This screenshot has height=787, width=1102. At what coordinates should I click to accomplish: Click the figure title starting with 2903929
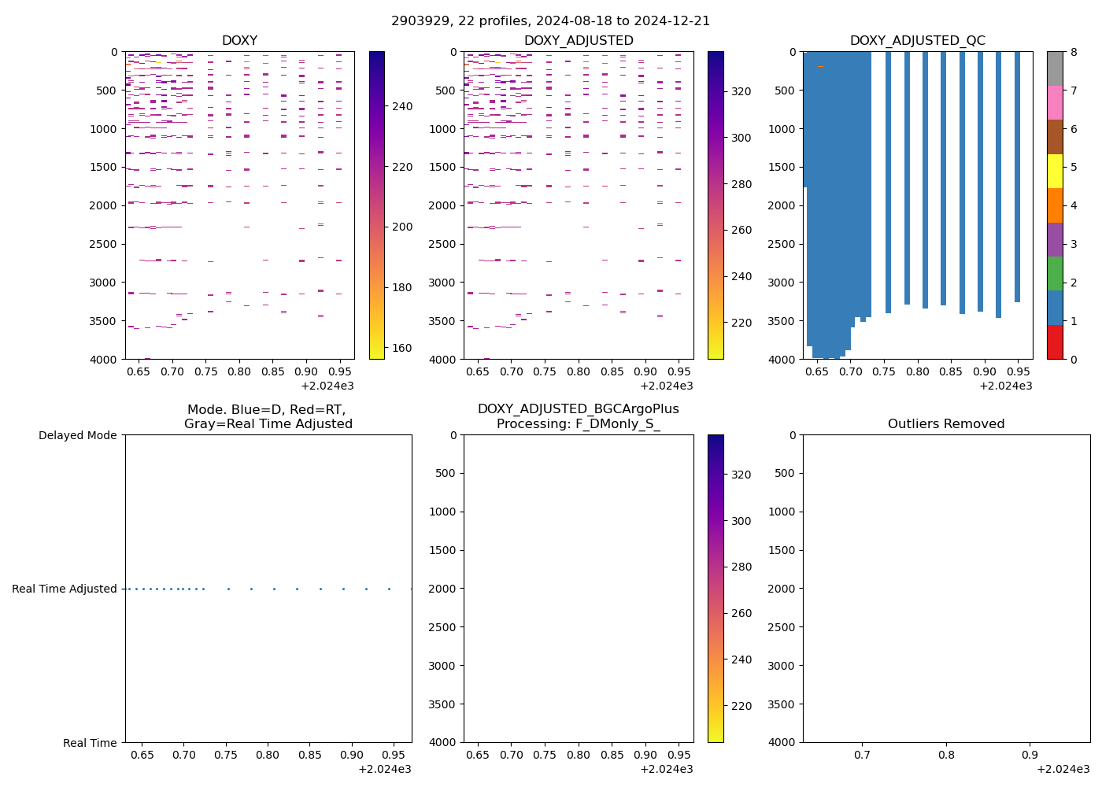[550, 21]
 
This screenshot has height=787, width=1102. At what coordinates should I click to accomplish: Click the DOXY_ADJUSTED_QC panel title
[917, 41]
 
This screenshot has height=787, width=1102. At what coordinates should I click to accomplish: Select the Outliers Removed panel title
[946, 424]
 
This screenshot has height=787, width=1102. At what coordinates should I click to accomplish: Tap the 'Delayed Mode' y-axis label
[77, 435]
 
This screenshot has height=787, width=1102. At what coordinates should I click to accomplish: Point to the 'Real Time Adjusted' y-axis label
[65, 589]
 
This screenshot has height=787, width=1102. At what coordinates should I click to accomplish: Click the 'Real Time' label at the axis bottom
[90, 743]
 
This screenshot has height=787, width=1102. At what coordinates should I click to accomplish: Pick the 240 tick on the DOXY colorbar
[401, 106]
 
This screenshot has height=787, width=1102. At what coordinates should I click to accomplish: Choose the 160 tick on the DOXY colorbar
[401, 348]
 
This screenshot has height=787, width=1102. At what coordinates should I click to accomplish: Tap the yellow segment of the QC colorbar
[1055, 172]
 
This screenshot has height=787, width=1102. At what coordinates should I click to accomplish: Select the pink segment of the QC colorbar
[1055, 103]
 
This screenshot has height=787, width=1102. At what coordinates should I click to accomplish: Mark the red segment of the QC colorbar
[1055, 342]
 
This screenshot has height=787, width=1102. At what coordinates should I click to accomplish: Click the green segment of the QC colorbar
[1055, 274]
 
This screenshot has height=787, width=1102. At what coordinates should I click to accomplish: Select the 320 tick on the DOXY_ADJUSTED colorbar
[741, 91]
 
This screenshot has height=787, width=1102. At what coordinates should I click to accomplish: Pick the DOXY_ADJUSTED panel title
[579, 41]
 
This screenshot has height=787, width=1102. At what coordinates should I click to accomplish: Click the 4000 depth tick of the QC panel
[782, 360]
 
